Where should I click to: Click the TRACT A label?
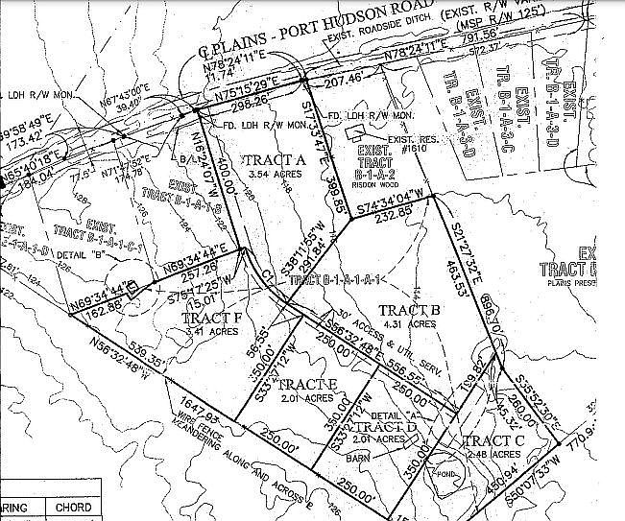click(x=274, y=159)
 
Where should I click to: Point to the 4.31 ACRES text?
click(x=407, y=324)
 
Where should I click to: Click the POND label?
click(x=442, y=472)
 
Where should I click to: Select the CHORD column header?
click(x=73, y=507)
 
